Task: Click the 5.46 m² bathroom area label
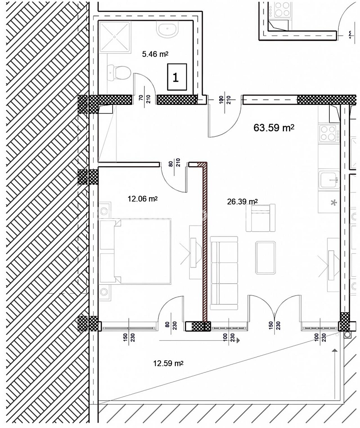pyautogui.click(x=155, y=54)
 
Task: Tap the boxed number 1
pyautogui.click(x=177, y=77)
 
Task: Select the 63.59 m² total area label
pyautogui.click(x=274, y=128)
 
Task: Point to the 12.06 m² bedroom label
pyautogui.click(x=142, y=199)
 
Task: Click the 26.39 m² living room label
pyautogui.click(x=243, y=202)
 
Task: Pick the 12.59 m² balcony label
pyautogui.click(x=168, y=364)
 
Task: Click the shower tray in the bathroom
pyautogui.click(x=115, y=37)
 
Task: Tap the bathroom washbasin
pyautogui.click(x=167, y=29)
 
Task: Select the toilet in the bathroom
pyautogui.click(x=119, y=72)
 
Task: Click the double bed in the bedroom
pyautogui.click(x=135, y=251)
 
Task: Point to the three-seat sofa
pyautogui.click(x=224, y=273)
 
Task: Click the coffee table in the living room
pyautogui.click(x=265, y=258)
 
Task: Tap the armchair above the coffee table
pyautogui.click(x=261, y=218)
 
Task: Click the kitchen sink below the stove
pyautogui.click(x=329, y=180)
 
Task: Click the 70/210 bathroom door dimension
pyautogui.click(x=145, y=98)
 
